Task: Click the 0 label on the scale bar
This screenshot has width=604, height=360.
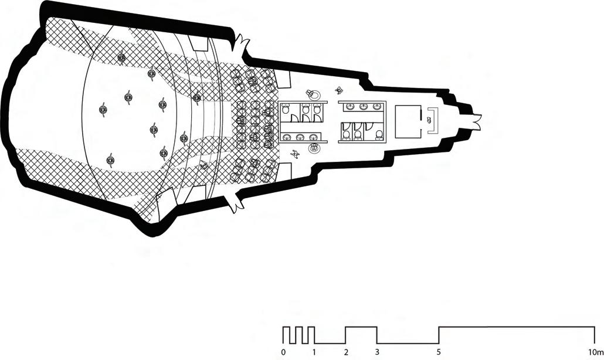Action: pos(283,352)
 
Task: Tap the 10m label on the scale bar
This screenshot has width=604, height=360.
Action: pos(596,352)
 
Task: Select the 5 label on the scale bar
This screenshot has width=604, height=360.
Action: pos(439,352)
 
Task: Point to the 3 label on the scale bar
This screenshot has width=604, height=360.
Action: pos(377,352)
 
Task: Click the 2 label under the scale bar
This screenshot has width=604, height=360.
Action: pos(346,352)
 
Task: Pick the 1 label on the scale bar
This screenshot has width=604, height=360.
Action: pos(314,352)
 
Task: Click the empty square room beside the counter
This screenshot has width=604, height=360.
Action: pos(409,121)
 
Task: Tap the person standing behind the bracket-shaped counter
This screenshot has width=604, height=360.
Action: pos(429,120)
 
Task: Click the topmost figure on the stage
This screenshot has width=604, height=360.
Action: pos(121,57)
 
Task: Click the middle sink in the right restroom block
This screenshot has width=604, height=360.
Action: pos(364,107)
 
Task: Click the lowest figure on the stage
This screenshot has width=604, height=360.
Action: pos(110,160)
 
